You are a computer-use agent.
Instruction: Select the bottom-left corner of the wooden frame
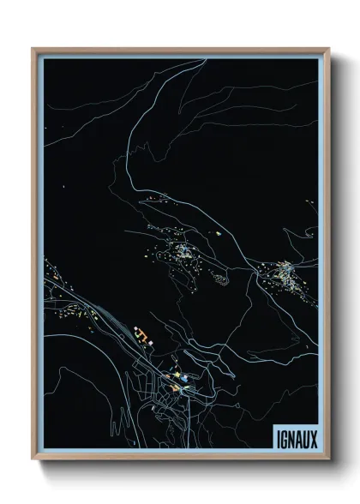point(33,460)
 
